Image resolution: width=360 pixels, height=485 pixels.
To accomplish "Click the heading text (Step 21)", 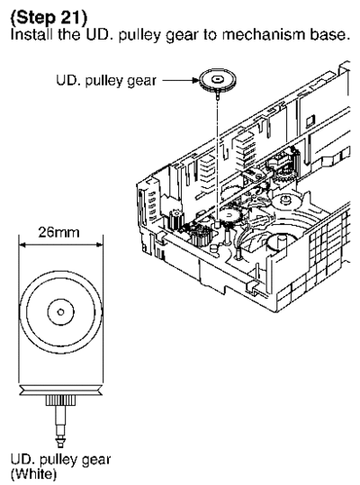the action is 49,17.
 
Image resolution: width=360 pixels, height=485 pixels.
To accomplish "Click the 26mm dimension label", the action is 58,232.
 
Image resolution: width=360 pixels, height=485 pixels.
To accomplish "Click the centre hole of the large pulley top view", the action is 61,311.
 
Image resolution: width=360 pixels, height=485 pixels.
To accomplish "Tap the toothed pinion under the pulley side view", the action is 61,400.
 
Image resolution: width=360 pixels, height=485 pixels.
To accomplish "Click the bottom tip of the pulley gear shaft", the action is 60,445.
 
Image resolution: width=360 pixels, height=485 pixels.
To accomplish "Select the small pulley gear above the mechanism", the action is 218,81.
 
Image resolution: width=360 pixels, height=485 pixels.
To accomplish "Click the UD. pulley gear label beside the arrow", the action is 106,81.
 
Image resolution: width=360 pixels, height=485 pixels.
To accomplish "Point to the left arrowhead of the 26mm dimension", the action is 22,245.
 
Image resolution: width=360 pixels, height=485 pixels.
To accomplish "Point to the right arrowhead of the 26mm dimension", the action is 100,245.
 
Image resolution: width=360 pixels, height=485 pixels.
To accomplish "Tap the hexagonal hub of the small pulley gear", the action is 218,79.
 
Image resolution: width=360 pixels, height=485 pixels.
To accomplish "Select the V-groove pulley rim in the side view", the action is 61,390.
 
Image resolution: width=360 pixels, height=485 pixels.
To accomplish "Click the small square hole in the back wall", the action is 310,121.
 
